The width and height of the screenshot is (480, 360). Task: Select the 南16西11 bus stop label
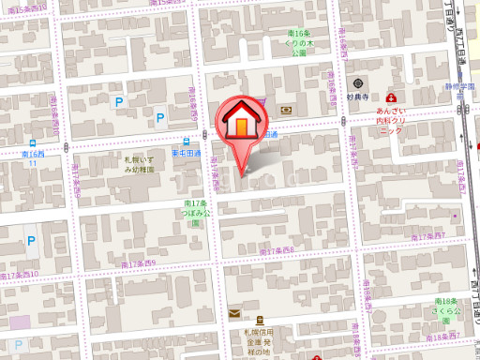coord(34,157)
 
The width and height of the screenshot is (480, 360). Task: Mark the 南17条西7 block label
coord(442,239)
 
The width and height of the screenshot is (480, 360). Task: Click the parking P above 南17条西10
coord(31,241)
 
